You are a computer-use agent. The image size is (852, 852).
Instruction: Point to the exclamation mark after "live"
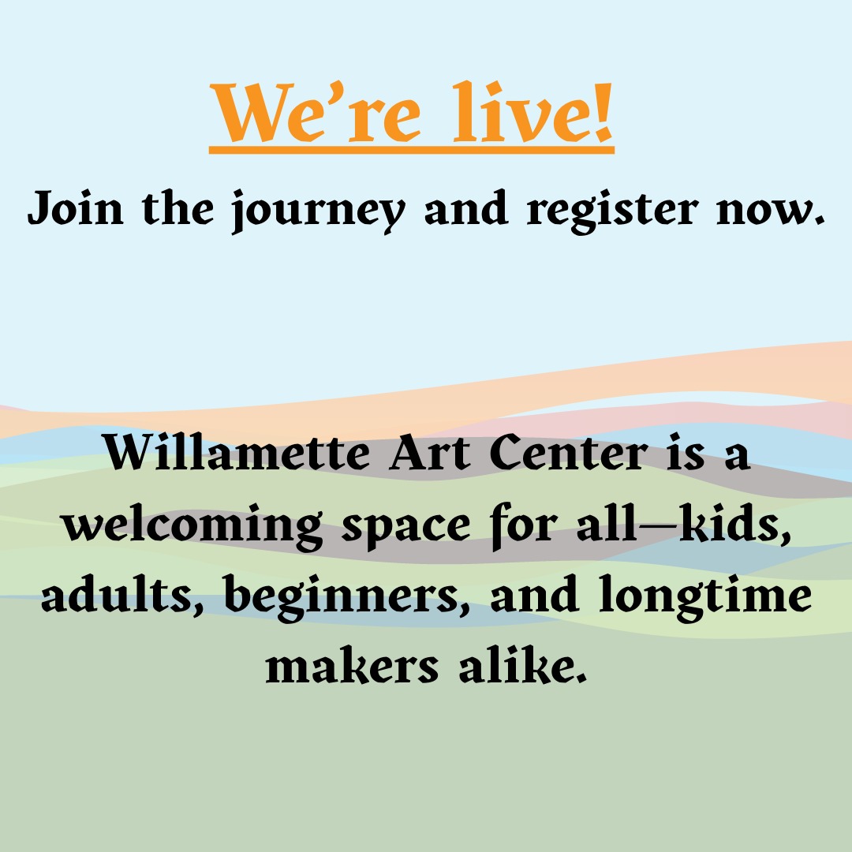click(x=602, y=115)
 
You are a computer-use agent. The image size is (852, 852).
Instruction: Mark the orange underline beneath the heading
click(x=412, y=148)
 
